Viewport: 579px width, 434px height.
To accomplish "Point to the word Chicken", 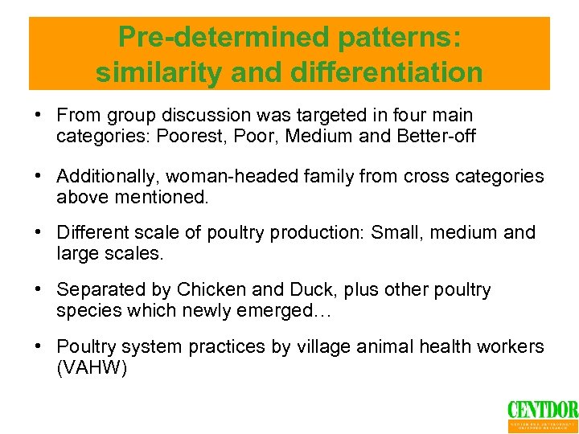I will coord(213,290).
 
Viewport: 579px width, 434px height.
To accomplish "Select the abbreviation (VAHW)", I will coord(92,367).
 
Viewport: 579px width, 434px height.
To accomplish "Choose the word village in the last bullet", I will coord(345,347).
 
